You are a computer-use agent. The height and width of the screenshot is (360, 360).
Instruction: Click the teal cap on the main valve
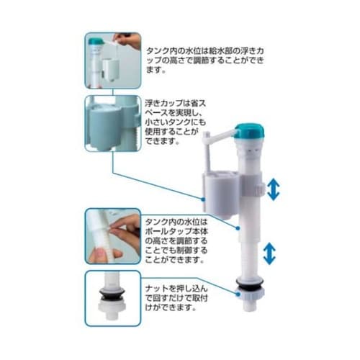[x=249, y=132]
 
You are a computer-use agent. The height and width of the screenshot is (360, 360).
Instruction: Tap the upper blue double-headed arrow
[x=274, y=190]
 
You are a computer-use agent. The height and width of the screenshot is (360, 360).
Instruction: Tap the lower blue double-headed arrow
[x=269, y=253]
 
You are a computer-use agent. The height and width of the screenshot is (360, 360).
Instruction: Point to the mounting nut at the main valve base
[x=250, y=293]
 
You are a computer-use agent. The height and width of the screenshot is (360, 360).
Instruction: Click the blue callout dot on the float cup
[x=203, y=199]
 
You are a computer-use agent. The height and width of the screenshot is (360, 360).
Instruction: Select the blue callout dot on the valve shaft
[x=238, y=228]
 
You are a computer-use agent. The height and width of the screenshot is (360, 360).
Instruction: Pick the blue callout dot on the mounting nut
[x=238, y=294]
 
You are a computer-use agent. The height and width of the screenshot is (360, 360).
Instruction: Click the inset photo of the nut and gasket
[x=113, y=298]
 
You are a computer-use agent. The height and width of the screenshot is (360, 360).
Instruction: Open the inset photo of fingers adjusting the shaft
[x=113, y=236]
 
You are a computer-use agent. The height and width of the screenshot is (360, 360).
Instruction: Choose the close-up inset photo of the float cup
[x=113, y=123]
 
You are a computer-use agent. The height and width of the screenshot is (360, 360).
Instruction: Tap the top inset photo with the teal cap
[x=113, y=60]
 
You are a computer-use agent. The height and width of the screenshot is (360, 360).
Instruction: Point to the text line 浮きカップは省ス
[x=176, y=104]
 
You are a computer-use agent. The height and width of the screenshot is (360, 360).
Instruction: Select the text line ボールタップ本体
[x=176, y=231]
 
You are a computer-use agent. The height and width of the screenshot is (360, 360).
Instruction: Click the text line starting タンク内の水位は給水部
[x=205, y=51]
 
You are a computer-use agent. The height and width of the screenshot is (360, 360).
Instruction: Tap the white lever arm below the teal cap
[x=220, y=135]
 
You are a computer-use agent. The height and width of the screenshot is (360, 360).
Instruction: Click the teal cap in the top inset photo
[x=96, y=41]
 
